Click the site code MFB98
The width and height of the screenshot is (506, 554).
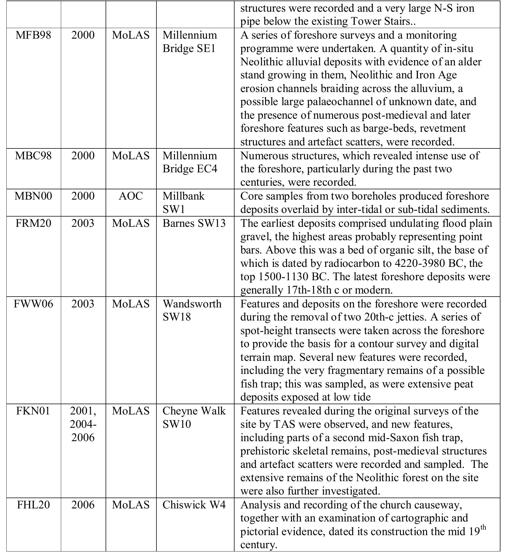coord(33,35)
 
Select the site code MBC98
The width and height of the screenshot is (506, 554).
coord(33,156)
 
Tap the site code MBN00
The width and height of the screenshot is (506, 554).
coord(33,196)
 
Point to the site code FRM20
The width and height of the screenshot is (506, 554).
coord(33,223)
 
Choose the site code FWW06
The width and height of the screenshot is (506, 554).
coord(33,304)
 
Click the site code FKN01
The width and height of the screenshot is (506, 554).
coord(33,411)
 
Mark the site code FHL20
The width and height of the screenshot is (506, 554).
coord(33,505)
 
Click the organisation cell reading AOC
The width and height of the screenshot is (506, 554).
coord(131,196)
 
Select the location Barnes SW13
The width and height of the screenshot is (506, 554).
coord(194,223)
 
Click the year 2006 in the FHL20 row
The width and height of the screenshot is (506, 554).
coord(83,505)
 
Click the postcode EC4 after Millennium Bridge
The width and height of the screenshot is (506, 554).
coord(207,169)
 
